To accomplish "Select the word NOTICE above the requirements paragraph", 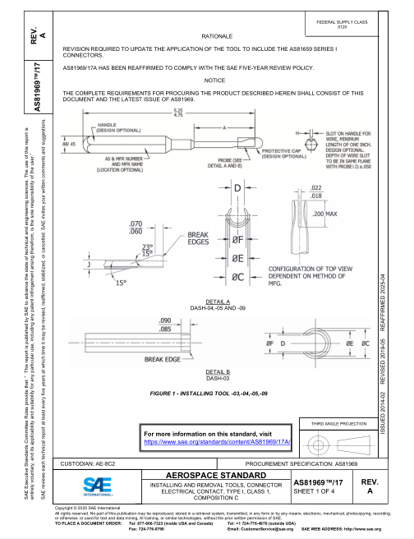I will [214, 81].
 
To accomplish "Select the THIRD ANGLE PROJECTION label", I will [337, 424].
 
